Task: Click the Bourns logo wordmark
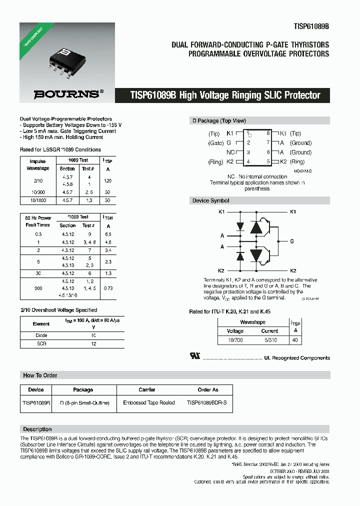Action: click(66, 93)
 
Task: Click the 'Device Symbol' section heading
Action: click(210, 200)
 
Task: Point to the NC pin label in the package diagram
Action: click(230, 152)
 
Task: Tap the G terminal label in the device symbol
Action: click(292, 241)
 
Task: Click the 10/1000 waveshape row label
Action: click(37, 200)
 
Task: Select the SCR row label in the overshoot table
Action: click(41, 344)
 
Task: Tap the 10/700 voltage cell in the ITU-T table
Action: click(235, 340)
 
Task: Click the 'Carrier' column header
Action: click(146, 389)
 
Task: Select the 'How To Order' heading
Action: click(40, 375)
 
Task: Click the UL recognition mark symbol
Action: click(195, 356)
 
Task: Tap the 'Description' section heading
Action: click(37, 429)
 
